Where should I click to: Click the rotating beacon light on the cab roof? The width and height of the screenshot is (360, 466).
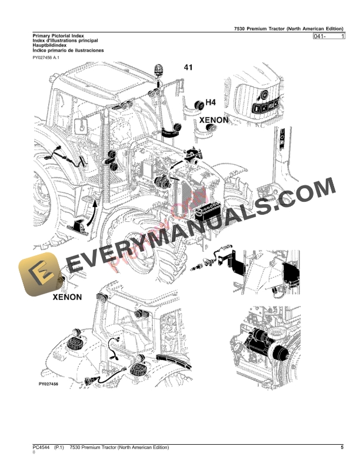tap(158, 70)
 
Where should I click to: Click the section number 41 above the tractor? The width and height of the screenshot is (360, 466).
tap(188, 68)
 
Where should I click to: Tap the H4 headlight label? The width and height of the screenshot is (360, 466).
tap(210, 103)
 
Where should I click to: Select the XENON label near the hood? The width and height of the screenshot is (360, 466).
tap(214, 120)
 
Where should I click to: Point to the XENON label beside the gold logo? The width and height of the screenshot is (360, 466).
tap(67, 297)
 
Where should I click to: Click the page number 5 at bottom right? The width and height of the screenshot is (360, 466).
tap(341, 448)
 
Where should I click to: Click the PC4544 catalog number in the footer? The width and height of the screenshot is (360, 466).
tap(42, 448)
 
